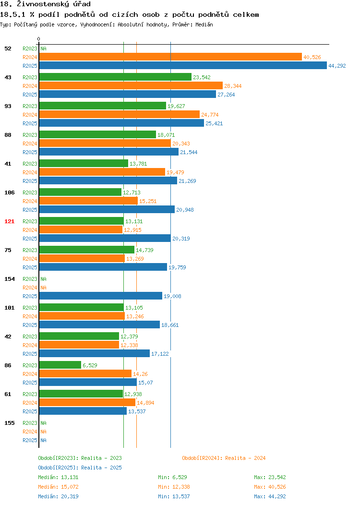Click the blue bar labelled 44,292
click(x=183, y=65)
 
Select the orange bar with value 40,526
click(x=171, y=57)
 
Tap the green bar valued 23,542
click(x=115, y=77)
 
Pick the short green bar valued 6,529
click(x=60, y=365)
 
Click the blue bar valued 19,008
click(x=101, y=296)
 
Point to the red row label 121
click(x=9, y=221)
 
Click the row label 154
click(x=9, y=279)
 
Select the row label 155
click(x=9, y=423)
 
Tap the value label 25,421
click(x=214, y=123)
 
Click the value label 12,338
click(x=129, y=345)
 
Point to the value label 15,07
click(x=145, y=383)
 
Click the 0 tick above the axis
click(x=39, y=39)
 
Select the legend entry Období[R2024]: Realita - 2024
click(x=224, y=458)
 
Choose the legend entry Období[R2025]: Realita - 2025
click(x=80, y=468)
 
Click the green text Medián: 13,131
click(x=58, y=477)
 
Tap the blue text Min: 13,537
click(x=174, y=497)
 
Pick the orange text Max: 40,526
click(x=270, y=487)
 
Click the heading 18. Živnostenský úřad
click(x=46, y=4)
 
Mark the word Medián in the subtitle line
click(x=204, y=24)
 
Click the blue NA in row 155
click(x=44, y=440)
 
